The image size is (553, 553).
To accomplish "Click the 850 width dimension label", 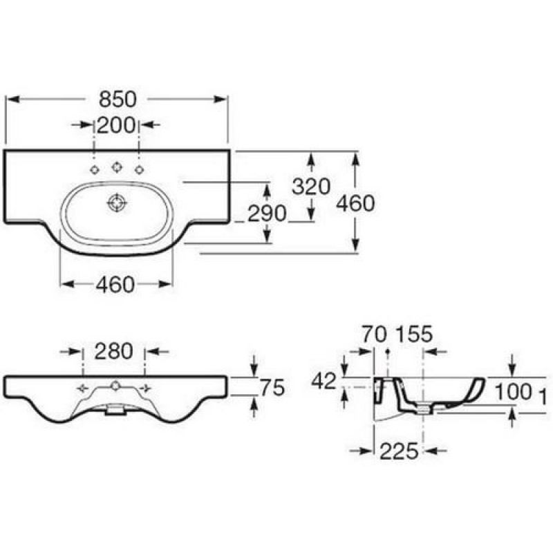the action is tap(118, 99).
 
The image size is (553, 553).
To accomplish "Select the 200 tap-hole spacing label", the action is tap(116, 125).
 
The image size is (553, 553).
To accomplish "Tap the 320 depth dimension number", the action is tap(310, 187).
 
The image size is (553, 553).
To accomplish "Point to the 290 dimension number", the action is tap(267, 214).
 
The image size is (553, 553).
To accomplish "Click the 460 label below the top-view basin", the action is tap(115, 284).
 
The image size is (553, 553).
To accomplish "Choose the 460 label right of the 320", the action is tap(355, 203).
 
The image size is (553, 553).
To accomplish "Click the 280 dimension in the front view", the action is tap(113, 351).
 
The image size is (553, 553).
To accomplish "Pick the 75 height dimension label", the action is tap(272, 388).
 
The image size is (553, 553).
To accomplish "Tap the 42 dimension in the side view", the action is tap(324, 382).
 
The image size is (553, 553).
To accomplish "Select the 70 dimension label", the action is tap(375, 334).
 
